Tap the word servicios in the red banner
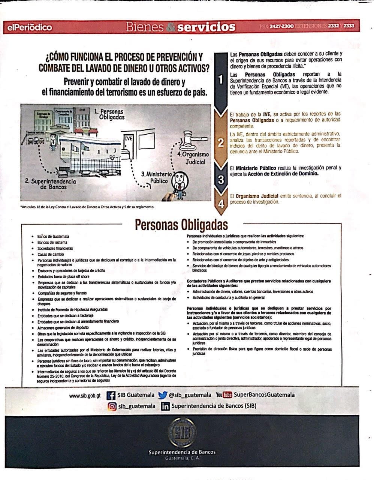point(206,27)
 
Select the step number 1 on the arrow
point(221,79)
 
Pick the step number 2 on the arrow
point(221,142)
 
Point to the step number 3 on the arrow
point(221,180)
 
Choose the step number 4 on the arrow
point(221,204)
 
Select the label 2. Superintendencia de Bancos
point(51,184)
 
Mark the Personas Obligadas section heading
point(181,225)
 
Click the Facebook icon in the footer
point(111,395)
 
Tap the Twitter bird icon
point(162,395)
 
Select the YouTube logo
point(224,395)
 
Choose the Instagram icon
point(112,406)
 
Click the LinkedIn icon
point(165,406)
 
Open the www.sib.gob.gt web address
point(85,396)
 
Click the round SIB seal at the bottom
point(182,433)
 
